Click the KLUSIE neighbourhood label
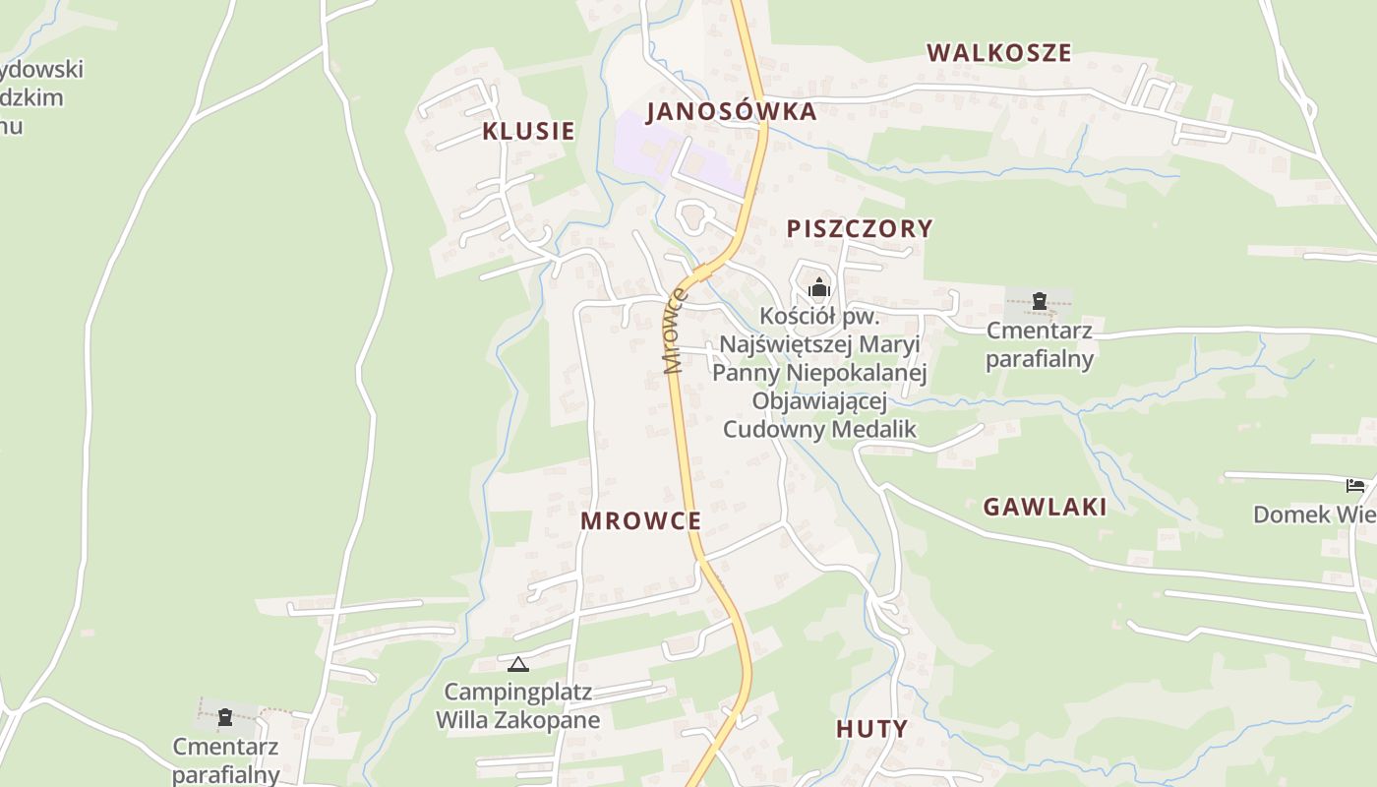pyautogui.click(x=528, y=131)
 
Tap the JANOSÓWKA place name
pyautogui.click(x=731, y=111)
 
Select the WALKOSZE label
pyautogui.click(x=998, y=53)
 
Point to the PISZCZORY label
pyautogui.click(x=859, y=228)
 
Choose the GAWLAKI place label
pyautogui.click(x=1045, y=507)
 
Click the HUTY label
pyautogui.click(x=871, y=729)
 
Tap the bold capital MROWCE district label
pyautogui.click(x=640, y=521)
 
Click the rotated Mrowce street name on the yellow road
pyautogui.click(x=676, y=332)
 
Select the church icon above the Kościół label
pyautogui.click(x=818, y=289)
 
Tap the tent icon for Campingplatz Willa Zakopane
pyautogui.click(x=517, y=665)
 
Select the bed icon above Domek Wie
pyautogui.click(x=1354, y=486)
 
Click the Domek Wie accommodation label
pyautogui.click(x=1314, y=515)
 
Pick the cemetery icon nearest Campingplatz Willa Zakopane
pyautogui.click(x=225, y=717)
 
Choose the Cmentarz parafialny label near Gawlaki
pyautogui.click(x=1039, y=344)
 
